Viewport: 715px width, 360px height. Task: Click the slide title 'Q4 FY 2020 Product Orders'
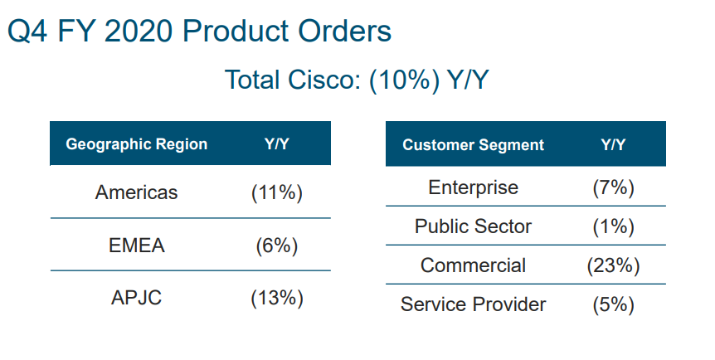click(x=199, y=32)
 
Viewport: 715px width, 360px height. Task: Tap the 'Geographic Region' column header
click(x=137, y=144)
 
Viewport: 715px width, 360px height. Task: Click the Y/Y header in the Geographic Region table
click(x=277, y=144)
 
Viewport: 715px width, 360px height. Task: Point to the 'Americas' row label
click(x=137, y=192)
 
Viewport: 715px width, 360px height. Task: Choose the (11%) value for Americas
click(x=277, y=192)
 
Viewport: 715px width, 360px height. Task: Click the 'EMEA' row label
click(x=137, y=246)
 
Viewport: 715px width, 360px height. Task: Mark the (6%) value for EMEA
click(x=277, y=246)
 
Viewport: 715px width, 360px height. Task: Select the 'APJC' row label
click(x=137, y=298)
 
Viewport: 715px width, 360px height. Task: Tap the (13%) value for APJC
click(x=277, y=298)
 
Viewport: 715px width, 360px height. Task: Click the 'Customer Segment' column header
click(x=473, y=144)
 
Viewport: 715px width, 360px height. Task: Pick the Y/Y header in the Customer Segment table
click(x=613, y=144)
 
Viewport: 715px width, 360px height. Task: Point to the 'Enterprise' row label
click(x=473, y=187)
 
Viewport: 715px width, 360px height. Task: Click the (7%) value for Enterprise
click(x=613, y=187)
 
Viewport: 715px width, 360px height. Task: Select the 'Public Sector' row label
click(x=473, y=226)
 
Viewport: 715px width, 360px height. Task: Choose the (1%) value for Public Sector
click(x=613, y=226)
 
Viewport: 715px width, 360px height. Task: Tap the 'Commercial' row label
click(x=473, y=265)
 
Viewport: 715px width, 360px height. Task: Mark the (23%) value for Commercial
click(x=613, y=265)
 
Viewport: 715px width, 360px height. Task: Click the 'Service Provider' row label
click(x=473, y=304)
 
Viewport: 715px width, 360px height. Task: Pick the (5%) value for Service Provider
click(x=613, y=304)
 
